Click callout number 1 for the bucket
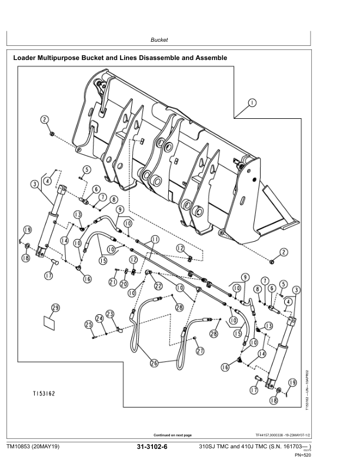(252, 102)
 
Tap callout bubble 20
(124, 284)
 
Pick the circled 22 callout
(158, 285)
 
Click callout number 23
(110, 315)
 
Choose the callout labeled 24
(100, 319)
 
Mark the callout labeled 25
(88, 324)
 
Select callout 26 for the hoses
(154, 364)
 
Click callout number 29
(56, 308)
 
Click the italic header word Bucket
(159, 40)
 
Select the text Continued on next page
(172, 435)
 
